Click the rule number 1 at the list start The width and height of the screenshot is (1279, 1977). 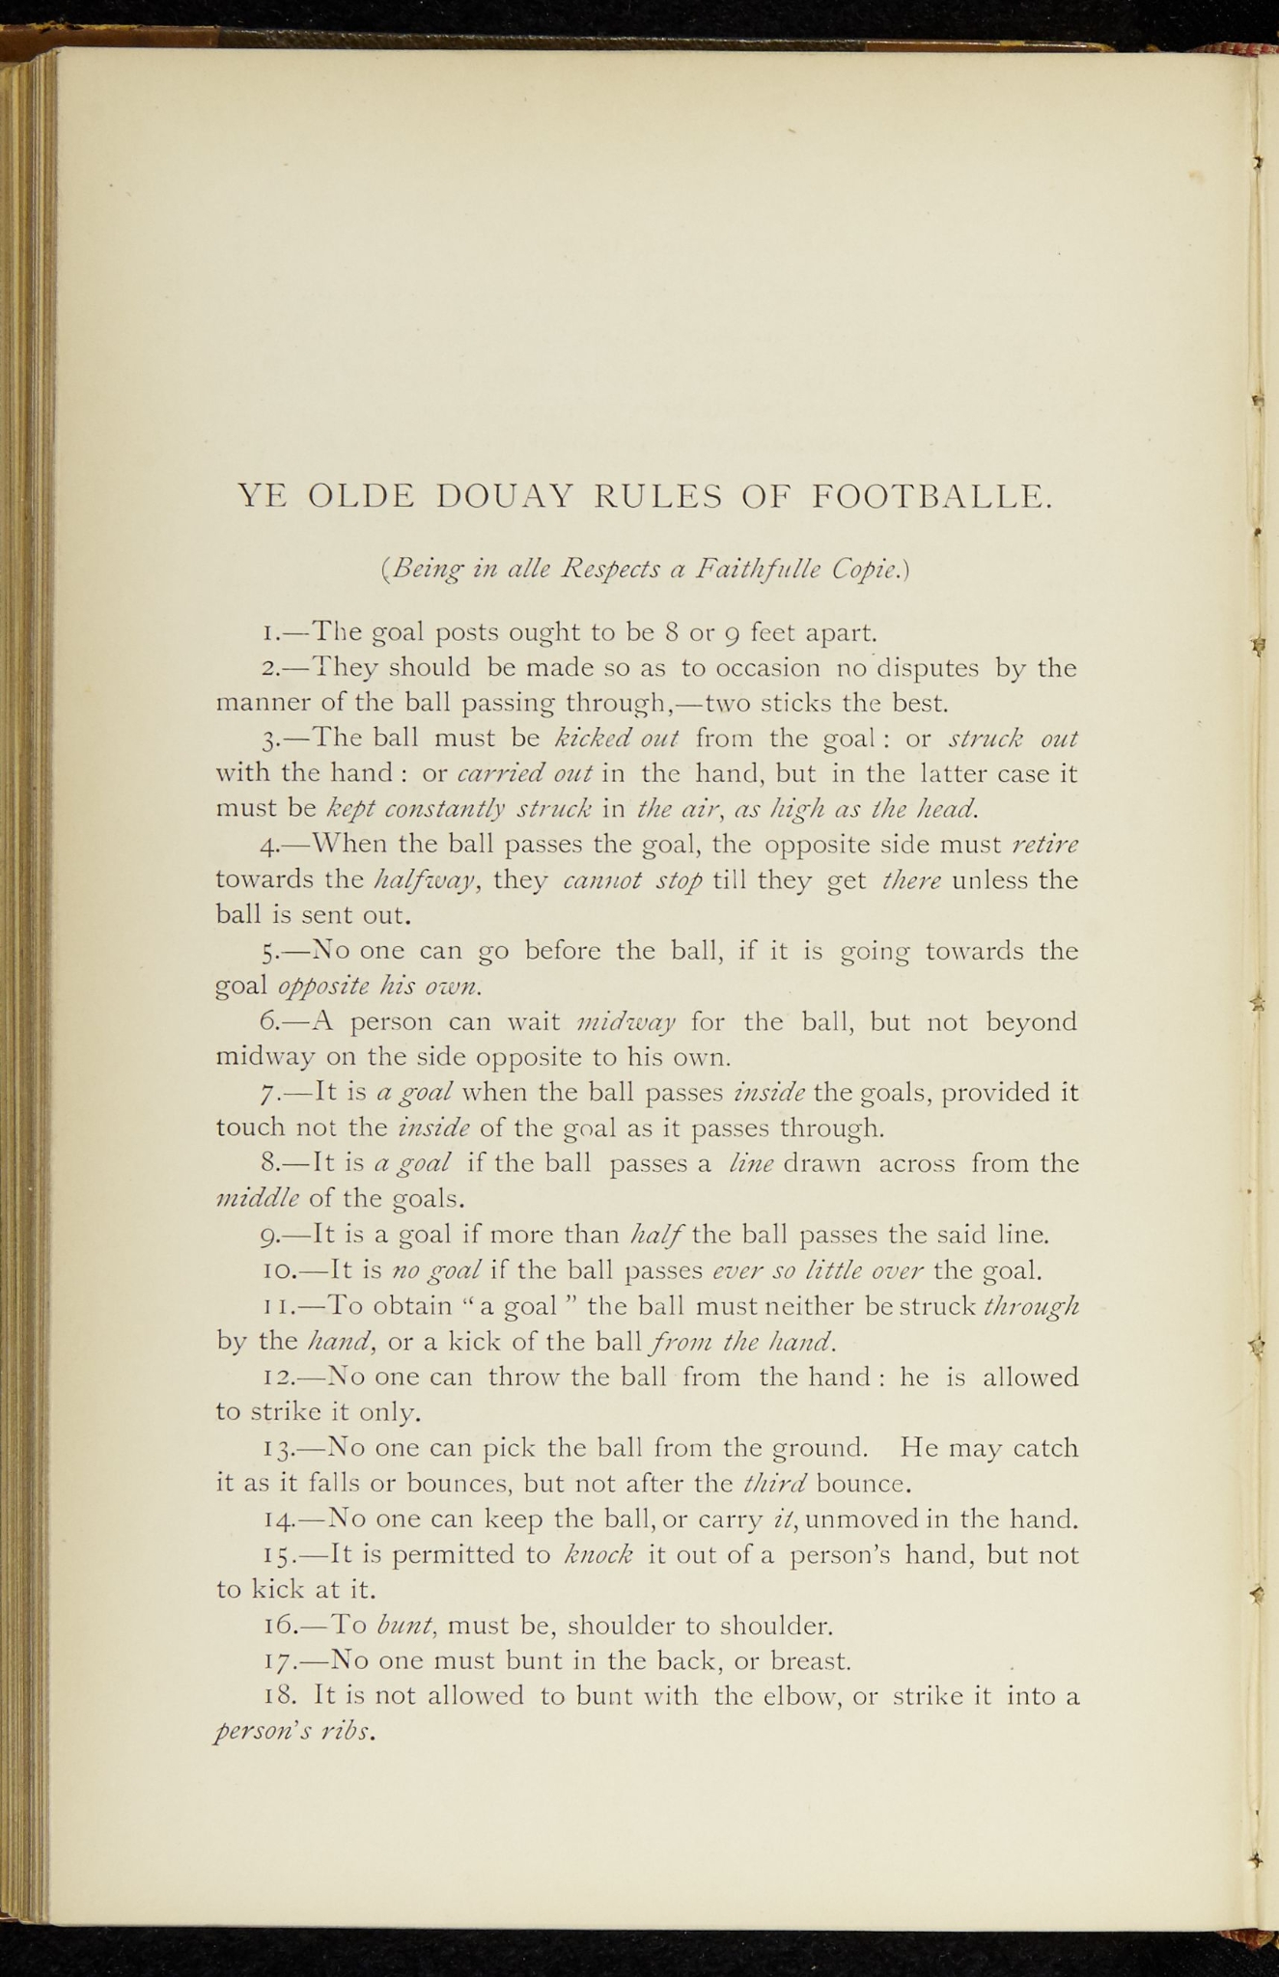tap(269, 634)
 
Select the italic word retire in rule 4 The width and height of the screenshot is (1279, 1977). tap(1045, 845)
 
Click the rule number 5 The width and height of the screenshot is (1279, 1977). tap(269, 953)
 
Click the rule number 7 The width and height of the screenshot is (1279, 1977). tap(270, 1094)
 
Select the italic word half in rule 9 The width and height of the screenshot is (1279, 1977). tap(656, 1235)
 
